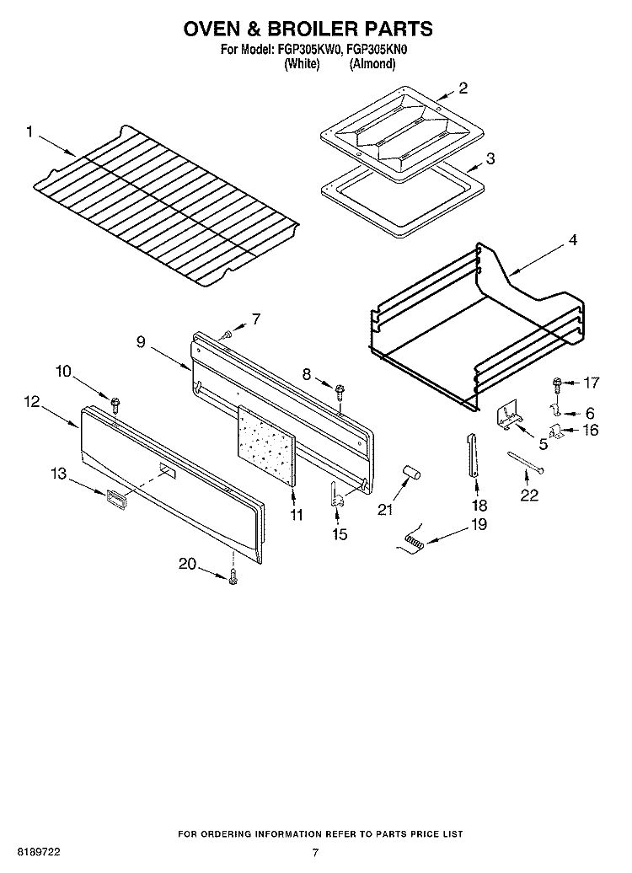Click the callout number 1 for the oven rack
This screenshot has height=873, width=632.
tap(29, 131)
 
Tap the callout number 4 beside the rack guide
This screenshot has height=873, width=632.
tap(572, 240)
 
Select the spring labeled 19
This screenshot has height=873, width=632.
tap(414, 544)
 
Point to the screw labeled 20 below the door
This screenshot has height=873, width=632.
tap(233, 576)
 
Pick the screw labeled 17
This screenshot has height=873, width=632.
tap(557, 383)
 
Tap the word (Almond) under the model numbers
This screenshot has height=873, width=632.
tap(372, 63)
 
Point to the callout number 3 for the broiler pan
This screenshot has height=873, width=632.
tap(490, 157)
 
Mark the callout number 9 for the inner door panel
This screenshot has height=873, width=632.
tap(140, 341)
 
